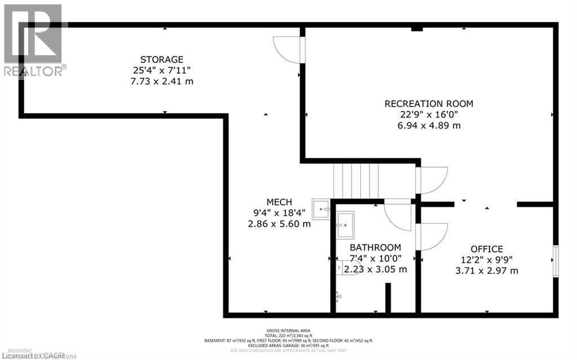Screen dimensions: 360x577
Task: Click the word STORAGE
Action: coord(162,59)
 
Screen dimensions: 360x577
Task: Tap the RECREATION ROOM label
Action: coord(429,104)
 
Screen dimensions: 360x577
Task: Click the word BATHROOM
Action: coord(375,247)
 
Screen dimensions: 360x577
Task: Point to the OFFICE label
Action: coord(487,249)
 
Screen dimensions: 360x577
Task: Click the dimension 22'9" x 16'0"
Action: coord(429,114)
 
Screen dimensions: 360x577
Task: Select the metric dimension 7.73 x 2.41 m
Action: coord(162,81)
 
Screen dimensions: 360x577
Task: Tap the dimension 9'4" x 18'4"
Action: coord(279,213)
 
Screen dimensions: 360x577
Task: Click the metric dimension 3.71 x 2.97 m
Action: coord(487,270)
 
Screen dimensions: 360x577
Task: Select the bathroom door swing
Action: coord(399,215)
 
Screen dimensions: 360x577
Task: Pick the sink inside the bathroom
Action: coord(345,224)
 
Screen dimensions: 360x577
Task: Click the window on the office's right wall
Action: coord(556,260)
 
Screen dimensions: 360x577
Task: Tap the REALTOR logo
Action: coord(34,39)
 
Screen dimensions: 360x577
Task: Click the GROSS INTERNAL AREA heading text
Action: coord(288,331)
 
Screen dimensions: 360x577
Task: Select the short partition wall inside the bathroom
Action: coord(388,297)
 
